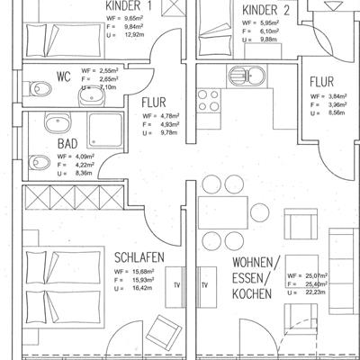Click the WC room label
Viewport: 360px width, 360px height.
tap(64, 77)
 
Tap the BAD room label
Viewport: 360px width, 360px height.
tap(67, 144)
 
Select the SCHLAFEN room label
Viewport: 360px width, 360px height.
tap(139, 257)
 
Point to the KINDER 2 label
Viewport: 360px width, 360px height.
tap(265, 10)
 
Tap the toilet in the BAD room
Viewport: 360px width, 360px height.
tap(40, 163)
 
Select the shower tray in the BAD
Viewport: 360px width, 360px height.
tap(105, 130)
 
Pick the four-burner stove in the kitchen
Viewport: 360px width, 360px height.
tap(209, 101)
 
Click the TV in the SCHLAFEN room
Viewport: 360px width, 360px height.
tap(175, 286)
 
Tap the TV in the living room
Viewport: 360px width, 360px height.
tap(207, 286)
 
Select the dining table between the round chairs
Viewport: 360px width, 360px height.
tap(223, 212)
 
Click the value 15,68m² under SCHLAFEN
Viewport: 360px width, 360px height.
tap(143, 272)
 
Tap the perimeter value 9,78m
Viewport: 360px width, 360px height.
tap(169, 132)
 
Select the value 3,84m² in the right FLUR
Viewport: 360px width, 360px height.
tap(337, 96)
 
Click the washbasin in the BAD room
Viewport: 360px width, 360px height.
tap(58, 122)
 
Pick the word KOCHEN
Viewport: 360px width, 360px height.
tap(252, 293)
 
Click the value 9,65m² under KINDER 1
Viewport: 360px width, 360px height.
tap(134, 19)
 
